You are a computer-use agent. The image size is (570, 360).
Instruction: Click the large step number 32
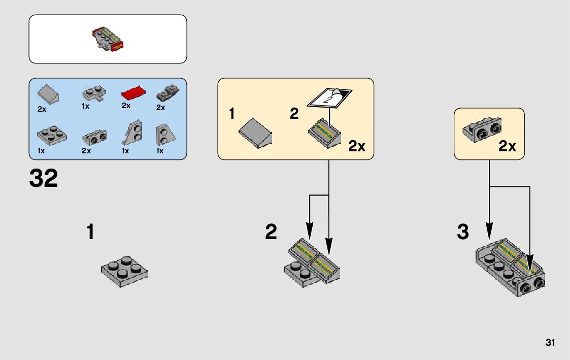pos(44,179)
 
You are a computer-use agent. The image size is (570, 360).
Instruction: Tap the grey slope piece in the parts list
pos(49,94)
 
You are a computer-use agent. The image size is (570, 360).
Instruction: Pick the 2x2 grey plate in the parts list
pos(51,134)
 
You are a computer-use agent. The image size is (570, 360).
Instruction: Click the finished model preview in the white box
pos(108,40)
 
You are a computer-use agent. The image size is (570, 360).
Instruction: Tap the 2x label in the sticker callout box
pos(357,147)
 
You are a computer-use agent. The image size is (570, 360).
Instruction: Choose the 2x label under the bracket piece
pos(507,147)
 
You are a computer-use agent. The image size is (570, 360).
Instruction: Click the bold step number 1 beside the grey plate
pos(90,233)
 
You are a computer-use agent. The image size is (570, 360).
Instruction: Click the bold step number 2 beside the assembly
pos(271,233)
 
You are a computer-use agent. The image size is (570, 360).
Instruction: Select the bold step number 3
pos(462,233)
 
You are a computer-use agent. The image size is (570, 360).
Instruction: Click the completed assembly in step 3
pos(511,267)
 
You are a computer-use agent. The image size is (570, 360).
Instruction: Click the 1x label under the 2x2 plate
pos(42,151)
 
